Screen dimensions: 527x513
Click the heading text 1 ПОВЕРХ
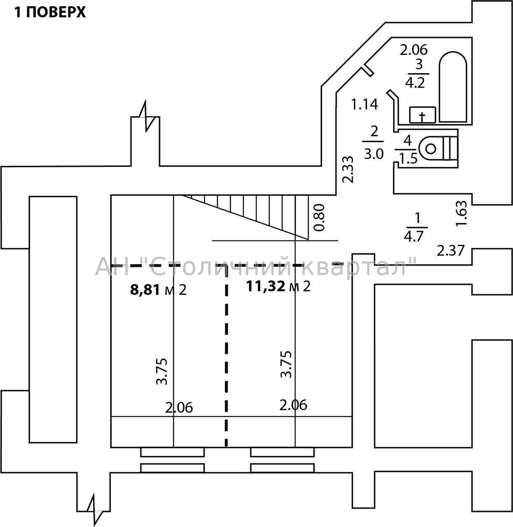[x=50, y=12]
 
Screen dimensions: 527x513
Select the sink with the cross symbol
[x=422, y=115]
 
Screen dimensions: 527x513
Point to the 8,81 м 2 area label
[x=158, y=290]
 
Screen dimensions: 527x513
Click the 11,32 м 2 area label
[x=278, y=286]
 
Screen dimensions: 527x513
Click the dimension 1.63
[x=461, y=213]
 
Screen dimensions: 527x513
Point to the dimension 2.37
[x=450, y=250]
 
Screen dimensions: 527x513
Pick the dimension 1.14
[x=364, y=104]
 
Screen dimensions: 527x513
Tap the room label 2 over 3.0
[x=373, y=142]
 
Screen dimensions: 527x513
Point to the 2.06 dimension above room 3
[x=414, y=50]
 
